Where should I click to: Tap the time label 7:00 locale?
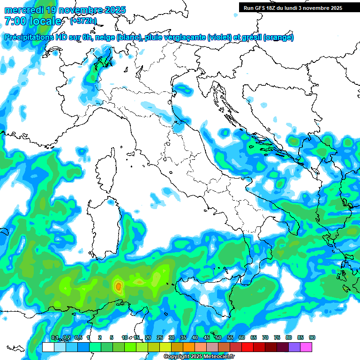tap(33, 21)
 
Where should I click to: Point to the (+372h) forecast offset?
tap(83, 21)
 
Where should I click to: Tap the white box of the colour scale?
tap(48, 347)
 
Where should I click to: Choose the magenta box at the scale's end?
tap(306, 347)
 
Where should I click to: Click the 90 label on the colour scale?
tap(312, 337)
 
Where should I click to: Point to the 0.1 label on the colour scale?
tap(55, 337)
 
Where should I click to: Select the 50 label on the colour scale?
tap(218, 337)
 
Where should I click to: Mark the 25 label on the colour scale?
tap(159, 337)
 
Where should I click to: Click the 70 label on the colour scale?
tap(265, 337)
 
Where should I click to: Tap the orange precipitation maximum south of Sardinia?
tap(118, 285)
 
